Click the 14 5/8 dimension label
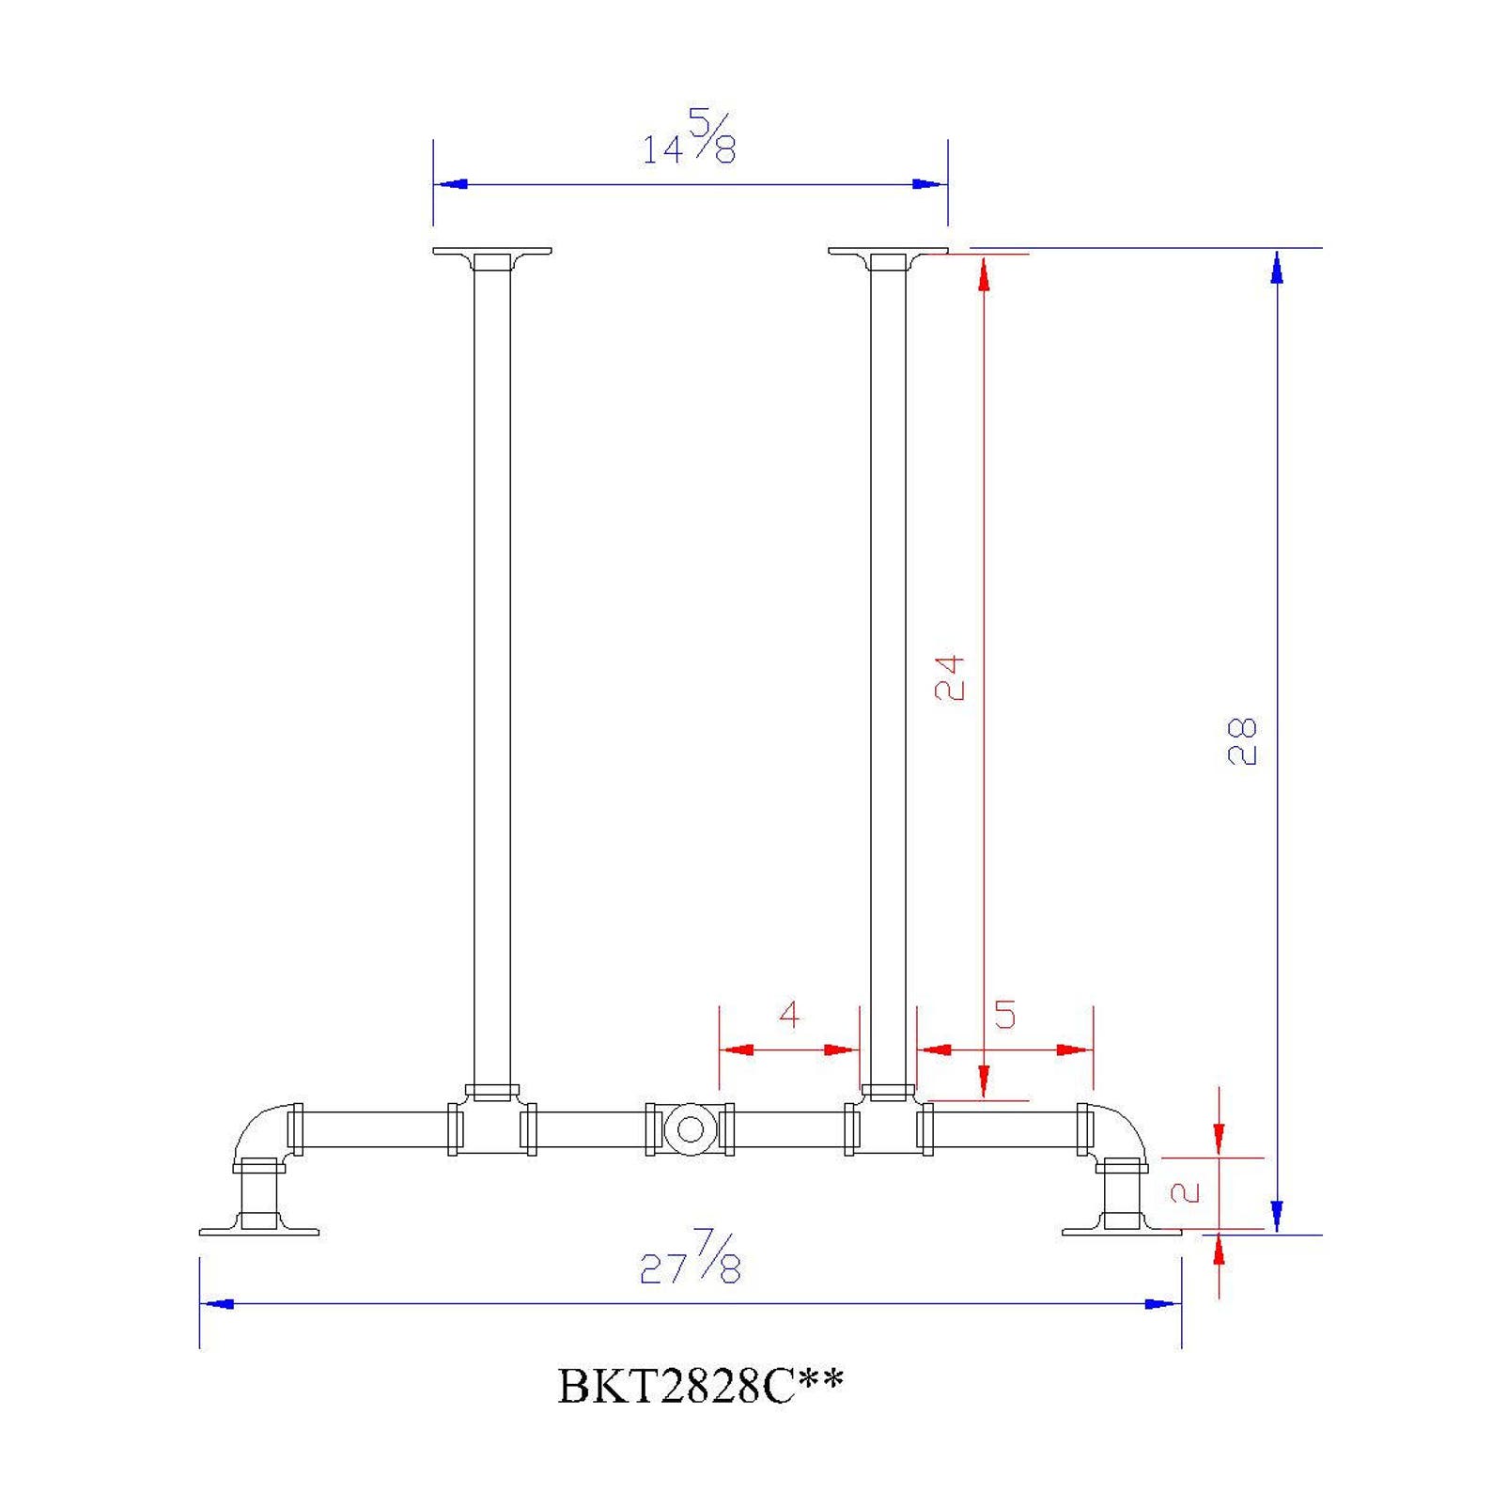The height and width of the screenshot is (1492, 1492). pos(689,139)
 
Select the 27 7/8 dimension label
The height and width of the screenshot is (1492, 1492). pos(691,1259)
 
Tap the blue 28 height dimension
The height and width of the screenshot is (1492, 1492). pos(1242,741)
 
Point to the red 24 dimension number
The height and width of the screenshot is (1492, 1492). pos(950,677)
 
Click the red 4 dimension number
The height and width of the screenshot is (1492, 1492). pos(789,1015)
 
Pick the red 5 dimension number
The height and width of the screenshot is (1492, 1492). pos(1004,1015)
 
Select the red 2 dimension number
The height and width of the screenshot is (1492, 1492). pos(1186,1192)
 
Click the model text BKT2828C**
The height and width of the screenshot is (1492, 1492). pos(701,1386)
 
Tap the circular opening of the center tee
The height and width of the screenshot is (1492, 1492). pos(691,1129)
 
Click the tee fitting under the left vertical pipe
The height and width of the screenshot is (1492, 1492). pos(491,1125)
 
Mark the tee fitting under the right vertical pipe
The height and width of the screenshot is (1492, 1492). pos(888,1125)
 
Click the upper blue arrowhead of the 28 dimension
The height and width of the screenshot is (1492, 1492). pos(1276,267)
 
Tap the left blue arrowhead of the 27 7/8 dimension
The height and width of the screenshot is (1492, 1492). pos(218,1304)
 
